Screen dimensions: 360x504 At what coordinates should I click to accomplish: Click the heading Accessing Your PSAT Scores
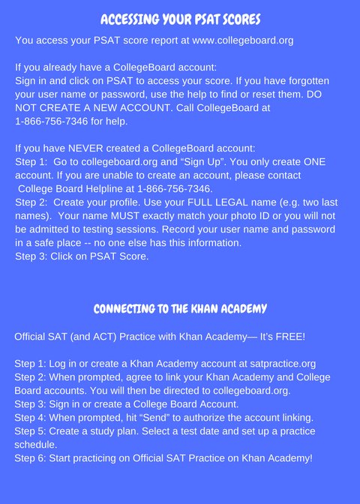180,18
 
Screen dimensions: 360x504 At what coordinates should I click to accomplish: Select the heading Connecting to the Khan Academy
180,309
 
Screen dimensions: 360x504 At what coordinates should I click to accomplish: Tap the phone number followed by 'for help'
52,121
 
